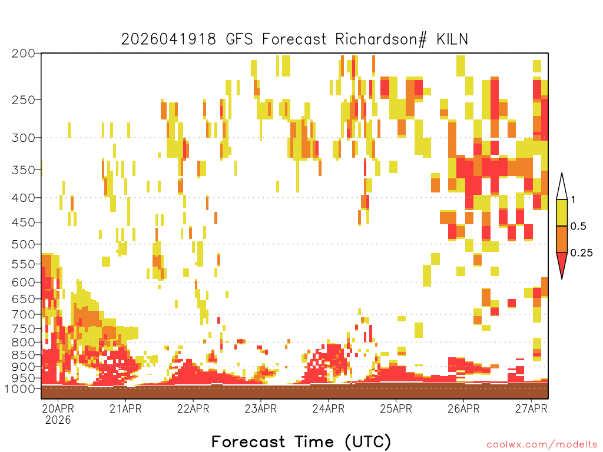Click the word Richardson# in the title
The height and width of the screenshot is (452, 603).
pyautogui.click(x=381, y=39)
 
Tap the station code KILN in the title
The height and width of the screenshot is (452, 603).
pyautogui.click(x=452, y=39)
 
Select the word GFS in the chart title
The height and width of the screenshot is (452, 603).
pyautogui.click(x=239, y=39)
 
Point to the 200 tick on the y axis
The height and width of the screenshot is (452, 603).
pyautogui.click(x=24, y=54)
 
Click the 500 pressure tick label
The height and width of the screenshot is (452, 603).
pyautogui.click(x=24, y=244)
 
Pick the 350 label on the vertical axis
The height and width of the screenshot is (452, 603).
pyautogui.click(x=24, y=170)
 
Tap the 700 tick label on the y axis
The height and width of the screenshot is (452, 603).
pyautogui.click(x=24, y=314)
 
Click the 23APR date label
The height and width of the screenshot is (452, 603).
pyautogui.click(x=261, y=408)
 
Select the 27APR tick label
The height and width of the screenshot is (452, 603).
pyautogui.click(x=531, y=408)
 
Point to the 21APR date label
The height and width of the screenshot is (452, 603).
pyautogui.click(x=125, y=408)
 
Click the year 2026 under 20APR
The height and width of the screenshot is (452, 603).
pyautogui.click(x=58, y=420)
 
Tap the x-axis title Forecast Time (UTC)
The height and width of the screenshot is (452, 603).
pyautogui.click(x=301, y=441)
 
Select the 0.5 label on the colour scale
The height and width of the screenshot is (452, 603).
pyautogui.click(x=578, y=226)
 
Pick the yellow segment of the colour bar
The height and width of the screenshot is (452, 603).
pyautogui.click(x=562, y=212)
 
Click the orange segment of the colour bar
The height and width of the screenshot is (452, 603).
pyautogui.click(x=562, y=239)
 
